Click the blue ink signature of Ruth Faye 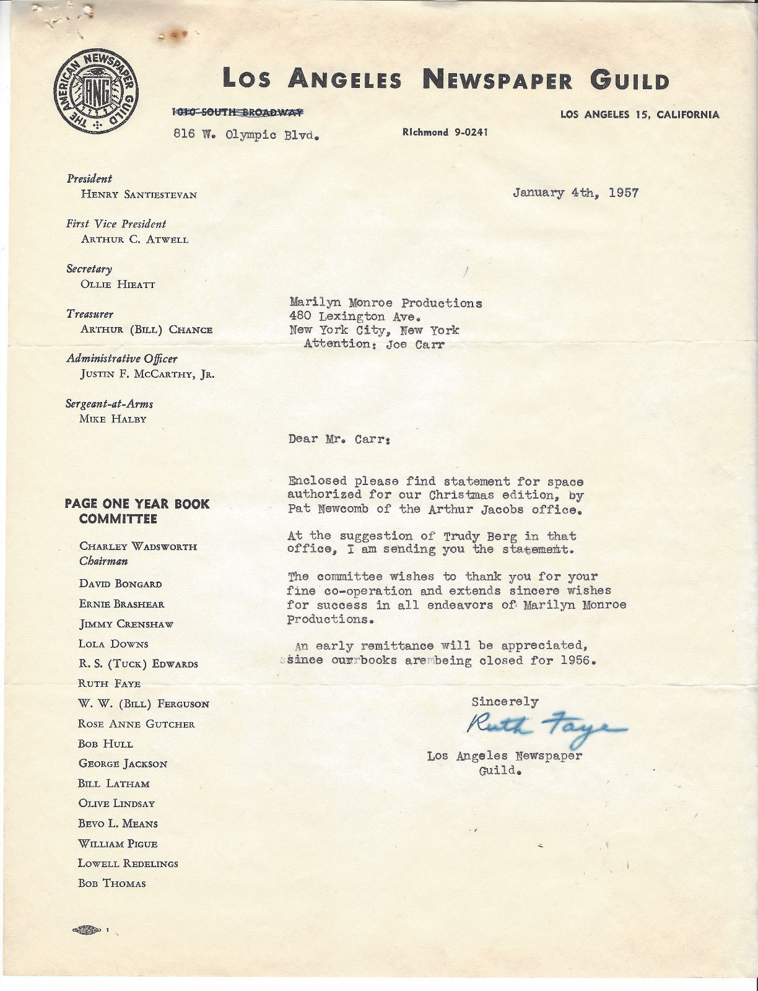pos(546,725)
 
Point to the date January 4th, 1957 pos(575,193)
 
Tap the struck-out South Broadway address pos(237,112)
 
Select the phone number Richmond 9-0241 pos(445,132)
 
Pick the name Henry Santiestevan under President pos(139,194)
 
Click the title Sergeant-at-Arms pos(110,404)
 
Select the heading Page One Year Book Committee pos(137,512)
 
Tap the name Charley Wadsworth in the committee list pos(138,546)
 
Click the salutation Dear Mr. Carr pos(339,439)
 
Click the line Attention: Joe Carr pos(374,344)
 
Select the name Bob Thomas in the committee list pos(112,883)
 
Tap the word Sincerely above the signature pos(505,702)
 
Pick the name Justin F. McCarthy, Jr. pos(147,374)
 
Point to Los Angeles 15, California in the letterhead pos(640,115)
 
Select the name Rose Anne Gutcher pos(136,723)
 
